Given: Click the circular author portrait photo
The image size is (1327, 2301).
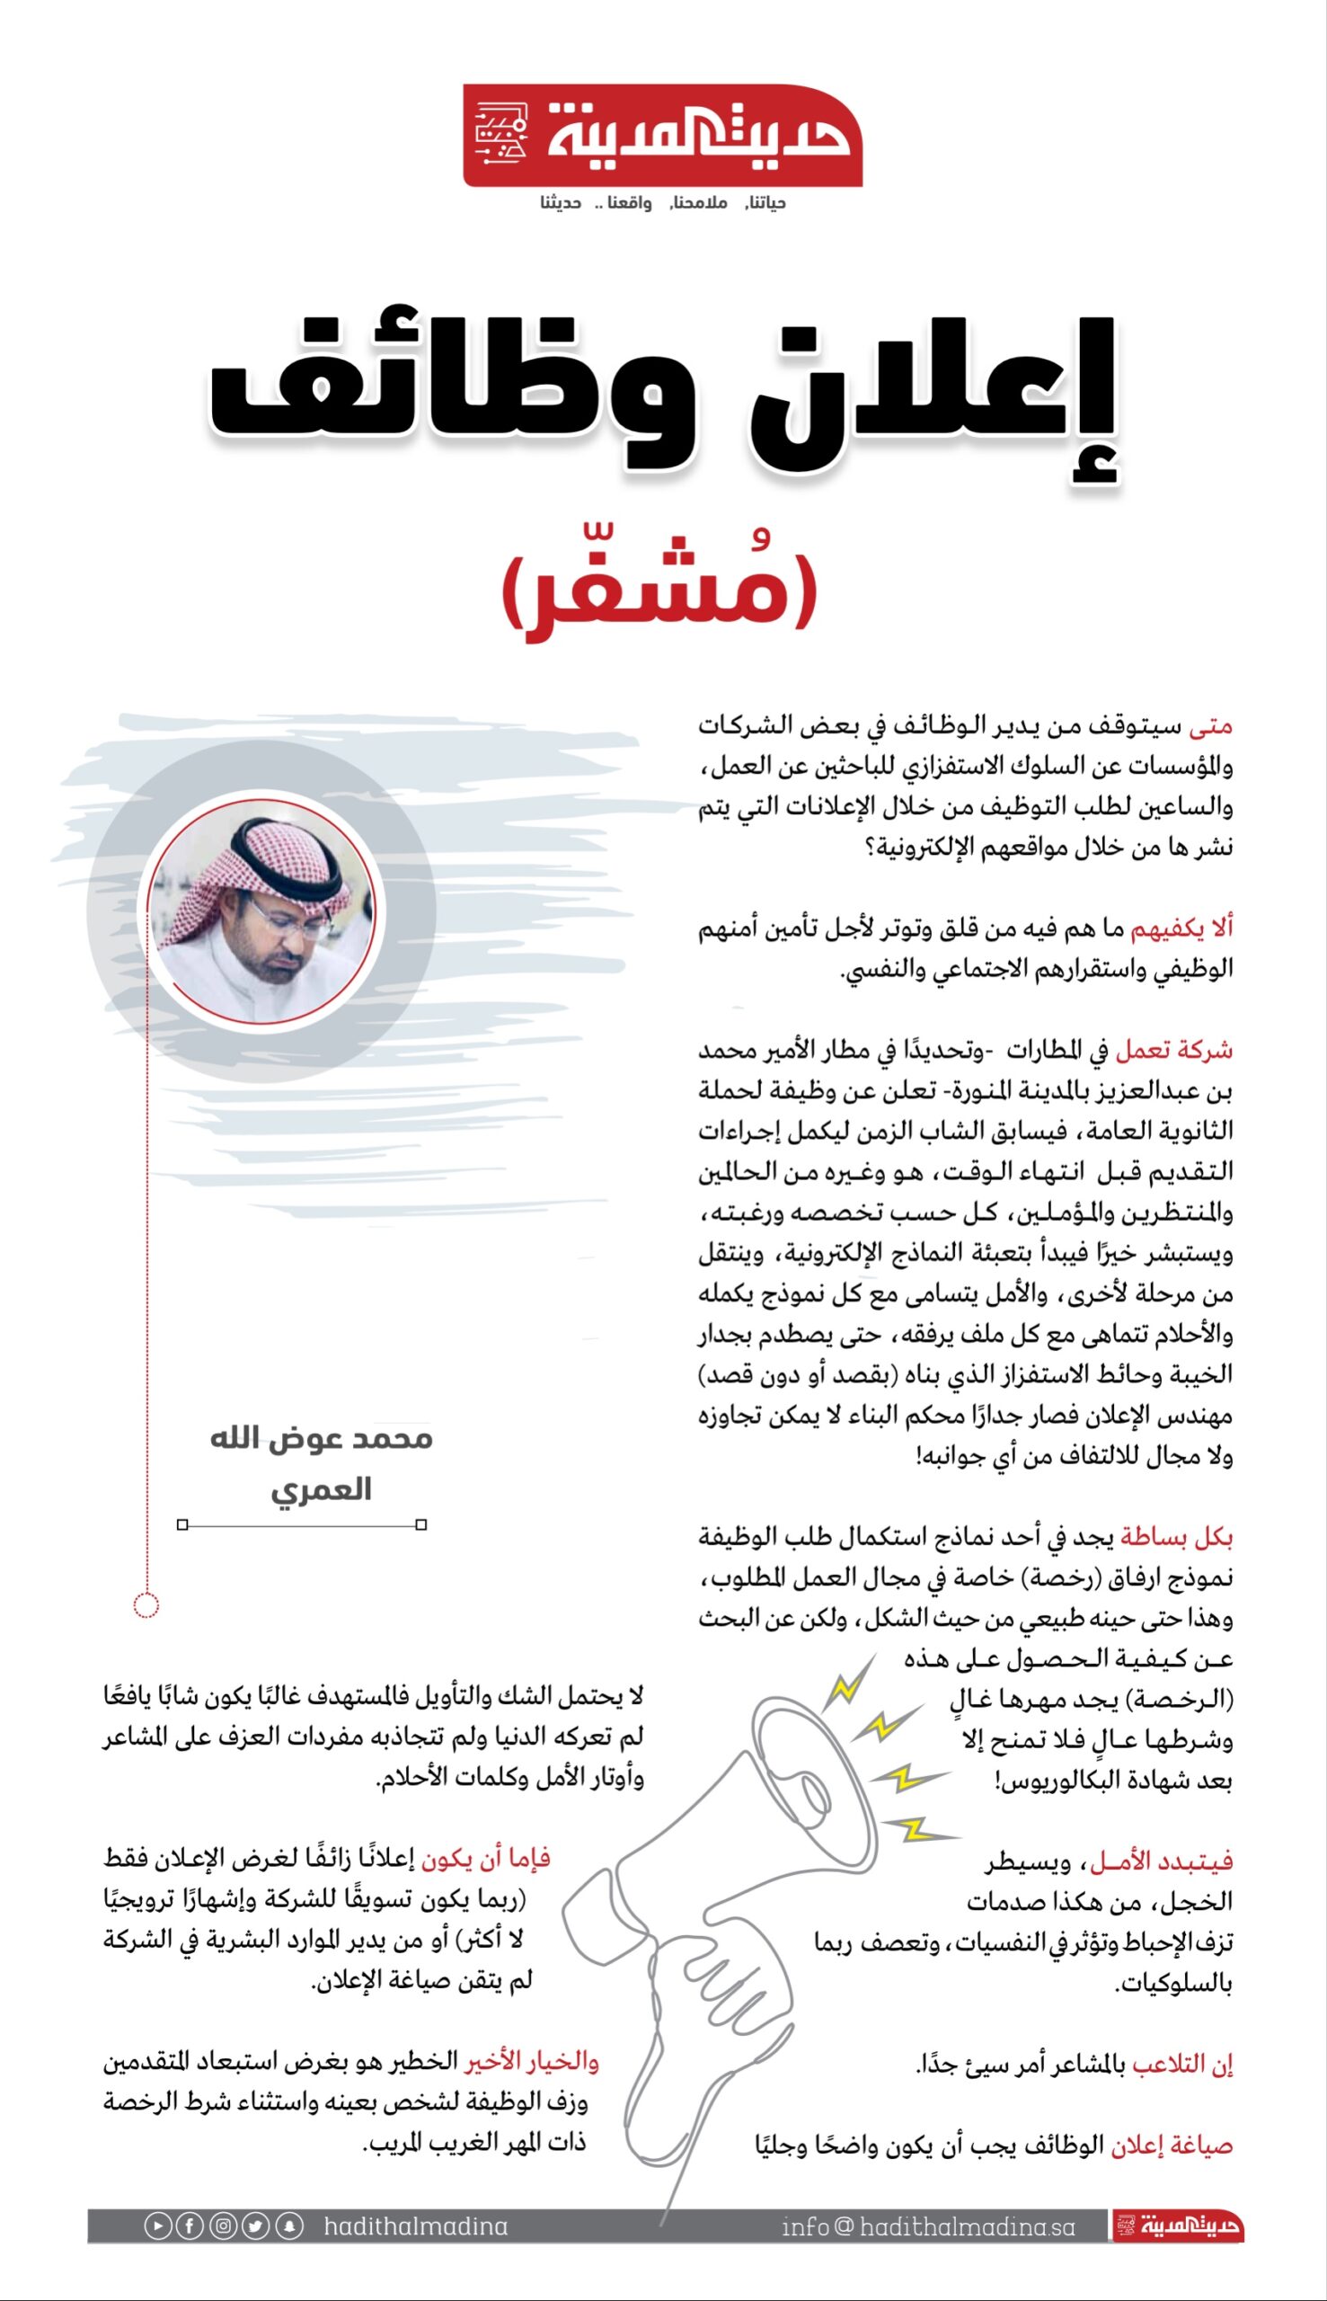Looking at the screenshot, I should pos(262,911).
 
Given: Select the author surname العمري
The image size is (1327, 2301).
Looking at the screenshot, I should pos(321,1490).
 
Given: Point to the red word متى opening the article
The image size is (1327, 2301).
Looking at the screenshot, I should pos(1210,726).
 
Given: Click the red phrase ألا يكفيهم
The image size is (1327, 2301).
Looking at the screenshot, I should pos(1181,929).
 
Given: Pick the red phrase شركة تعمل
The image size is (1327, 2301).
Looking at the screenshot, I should pos(1174,1050).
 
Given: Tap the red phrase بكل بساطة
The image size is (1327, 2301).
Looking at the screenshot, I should pos(1176,1537).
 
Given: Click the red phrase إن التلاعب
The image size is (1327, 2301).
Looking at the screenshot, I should pos(1182,2064).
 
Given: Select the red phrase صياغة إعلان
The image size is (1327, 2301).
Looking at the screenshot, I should pos(1172,2146).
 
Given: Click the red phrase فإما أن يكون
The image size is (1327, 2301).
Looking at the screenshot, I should pos(485,1857).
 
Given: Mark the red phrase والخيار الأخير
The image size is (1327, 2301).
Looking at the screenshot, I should pos(532,2061).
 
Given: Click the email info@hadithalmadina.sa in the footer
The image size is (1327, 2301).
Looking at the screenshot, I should pos(928,2227).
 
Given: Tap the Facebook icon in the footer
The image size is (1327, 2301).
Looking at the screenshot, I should pos(190,2226).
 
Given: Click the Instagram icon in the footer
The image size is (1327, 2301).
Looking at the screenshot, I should pos(224,2226).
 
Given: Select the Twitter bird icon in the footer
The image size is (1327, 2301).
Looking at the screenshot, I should pos(256,2226).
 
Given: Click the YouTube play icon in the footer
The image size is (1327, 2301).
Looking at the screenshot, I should pos(157,2226).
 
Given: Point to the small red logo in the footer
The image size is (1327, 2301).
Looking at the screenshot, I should pos(1178,2226).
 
